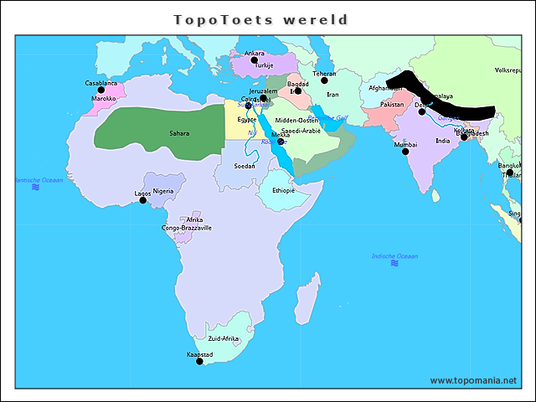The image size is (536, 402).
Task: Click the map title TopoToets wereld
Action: pos(260,18)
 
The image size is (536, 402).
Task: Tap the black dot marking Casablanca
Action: pos(101,90)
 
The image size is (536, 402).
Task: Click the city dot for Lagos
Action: pos(142,200)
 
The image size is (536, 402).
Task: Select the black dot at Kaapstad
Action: pos(199,363)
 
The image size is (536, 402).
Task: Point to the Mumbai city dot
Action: pos(405,152)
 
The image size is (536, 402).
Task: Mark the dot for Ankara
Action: pos(255,60)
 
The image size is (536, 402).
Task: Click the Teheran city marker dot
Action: pos(324,80)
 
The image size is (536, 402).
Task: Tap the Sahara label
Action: pos(179,133)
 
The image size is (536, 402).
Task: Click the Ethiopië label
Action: pos(284,190)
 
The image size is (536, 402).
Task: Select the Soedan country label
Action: pos(245,166)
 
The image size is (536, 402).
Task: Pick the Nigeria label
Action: pos(163,191)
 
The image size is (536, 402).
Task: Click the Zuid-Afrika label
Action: pos(224,338)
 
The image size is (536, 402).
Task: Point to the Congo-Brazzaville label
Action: pos(187,228)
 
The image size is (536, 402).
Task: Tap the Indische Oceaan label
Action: pos(394,255)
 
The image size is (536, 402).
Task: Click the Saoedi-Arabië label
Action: pos(301,131)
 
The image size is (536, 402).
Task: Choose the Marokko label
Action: pos(103,99)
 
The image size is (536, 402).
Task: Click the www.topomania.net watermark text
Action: pos(473,380)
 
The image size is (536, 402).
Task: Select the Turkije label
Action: pos(265,65)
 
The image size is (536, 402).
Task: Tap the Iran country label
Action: pos(332,95)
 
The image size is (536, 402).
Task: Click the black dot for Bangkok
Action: pos(510,173)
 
